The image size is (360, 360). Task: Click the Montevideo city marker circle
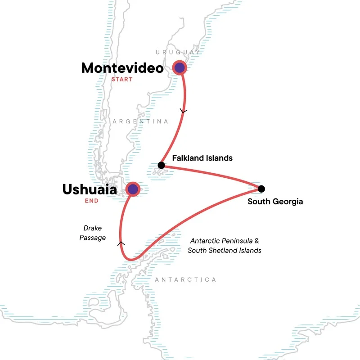point(180,68)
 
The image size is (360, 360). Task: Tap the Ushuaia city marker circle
point(132,189)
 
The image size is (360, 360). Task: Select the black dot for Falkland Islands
point(161,165)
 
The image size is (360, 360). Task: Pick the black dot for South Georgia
point(261,189)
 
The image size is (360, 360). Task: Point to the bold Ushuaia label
point(90,189)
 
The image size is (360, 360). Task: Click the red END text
point(91,201)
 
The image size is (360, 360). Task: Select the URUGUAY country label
point(178,53)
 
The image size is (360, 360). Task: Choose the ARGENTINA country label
point(140,121)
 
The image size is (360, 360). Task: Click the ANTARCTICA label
point(185,280)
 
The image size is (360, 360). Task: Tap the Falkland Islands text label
point(202,158)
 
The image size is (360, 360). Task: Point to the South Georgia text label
point(275,202)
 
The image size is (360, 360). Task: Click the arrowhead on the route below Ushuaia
point(120,243)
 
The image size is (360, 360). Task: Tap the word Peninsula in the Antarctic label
point(236,241)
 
